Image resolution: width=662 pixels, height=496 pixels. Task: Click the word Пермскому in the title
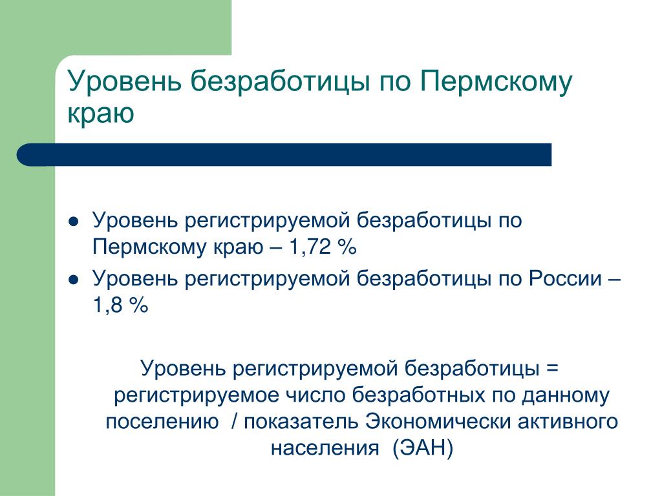click(x=496, y=83)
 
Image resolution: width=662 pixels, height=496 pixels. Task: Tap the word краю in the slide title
click(x=100, y=114)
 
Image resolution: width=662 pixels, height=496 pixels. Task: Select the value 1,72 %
click(x=323, y=247)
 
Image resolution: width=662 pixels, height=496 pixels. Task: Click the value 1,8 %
click(x=120, y=305)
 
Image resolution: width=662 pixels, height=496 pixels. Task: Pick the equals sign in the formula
click(x=552, y=368)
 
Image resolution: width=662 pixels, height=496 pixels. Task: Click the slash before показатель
click(x=235, y=421)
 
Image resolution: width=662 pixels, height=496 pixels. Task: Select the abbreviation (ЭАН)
click(x=423, y=448)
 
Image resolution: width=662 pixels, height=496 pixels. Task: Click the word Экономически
click(x=438, y=421)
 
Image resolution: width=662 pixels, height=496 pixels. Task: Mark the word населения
click(x=325, y=448)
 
